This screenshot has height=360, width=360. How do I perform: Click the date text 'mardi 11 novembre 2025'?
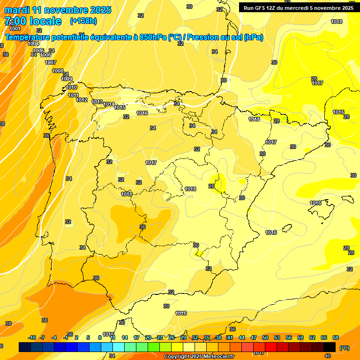point(58,10)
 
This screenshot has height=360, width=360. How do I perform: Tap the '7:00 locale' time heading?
point(33,21)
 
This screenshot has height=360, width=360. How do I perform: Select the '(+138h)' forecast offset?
point(83,21)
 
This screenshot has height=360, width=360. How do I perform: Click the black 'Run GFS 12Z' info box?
point(298,7)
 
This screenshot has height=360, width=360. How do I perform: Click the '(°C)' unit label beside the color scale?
point(344,348)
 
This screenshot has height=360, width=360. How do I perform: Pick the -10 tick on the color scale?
point(32,337)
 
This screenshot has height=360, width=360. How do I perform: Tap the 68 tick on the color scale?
point(336,337)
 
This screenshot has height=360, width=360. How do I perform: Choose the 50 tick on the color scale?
point(265,337)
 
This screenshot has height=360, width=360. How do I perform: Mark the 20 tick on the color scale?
point(148,337)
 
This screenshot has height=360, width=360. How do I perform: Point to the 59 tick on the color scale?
point(300,337)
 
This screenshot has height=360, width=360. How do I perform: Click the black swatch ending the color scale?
point(330,347)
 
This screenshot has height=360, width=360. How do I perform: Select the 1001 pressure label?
point(15,29)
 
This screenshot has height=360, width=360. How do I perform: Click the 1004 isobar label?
point(33,44)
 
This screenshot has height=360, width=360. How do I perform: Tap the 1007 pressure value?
point(51,62)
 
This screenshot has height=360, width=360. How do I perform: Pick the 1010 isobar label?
point(71,87)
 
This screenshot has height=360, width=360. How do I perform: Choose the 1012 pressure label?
point(82,100)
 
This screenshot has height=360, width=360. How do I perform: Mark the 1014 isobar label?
point(109,104)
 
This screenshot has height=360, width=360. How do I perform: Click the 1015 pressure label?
point(120,107)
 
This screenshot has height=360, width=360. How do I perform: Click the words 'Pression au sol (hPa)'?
point(225,37)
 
